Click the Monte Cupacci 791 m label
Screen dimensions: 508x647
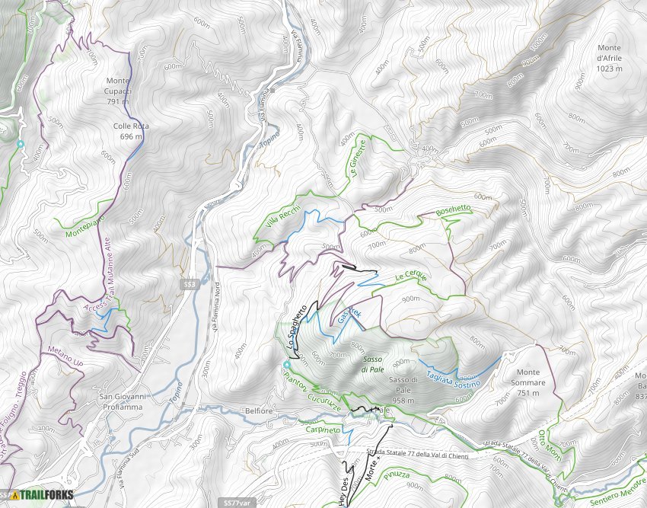[x=118, y=91]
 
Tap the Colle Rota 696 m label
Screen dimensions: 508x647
[x=131, y=131]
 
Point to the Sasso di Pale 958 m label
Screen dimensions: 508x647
[x=403, y=389]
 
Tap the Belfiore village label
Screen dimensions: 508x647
[x=259, y=411]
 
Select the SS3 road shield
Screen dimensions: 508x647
[x=190, y=284]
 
